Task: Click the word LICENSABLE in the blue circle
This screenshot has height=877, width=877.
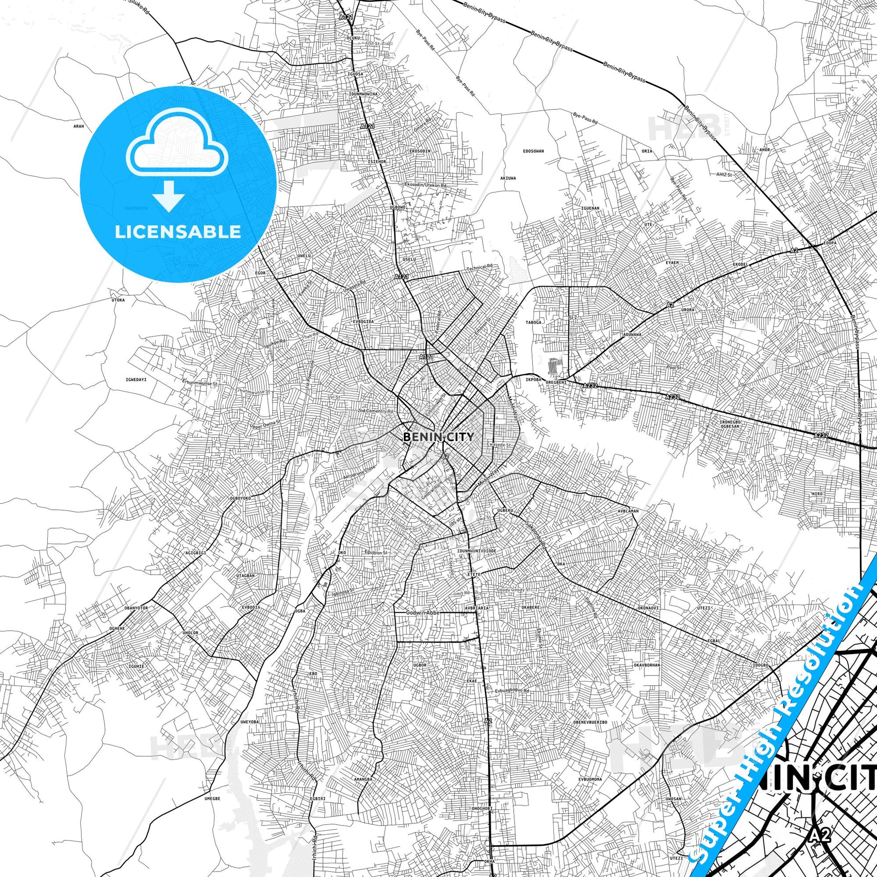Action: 178,232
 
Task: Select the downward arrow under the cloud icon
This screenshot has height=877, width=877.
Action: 169,196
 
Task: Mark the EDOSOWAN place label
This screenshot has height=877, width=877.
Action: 534,151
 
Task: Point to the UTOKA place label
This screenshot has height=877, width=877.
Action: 118,300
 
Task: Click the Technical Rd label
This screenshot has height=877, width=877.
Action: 480,269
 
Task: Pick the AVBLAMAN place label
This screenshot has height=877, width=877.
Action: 628,511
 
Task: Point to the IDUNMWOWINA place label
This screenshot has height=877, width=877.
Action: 363,94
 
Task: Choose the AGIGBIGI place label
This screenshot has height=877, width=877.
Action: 196,553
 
